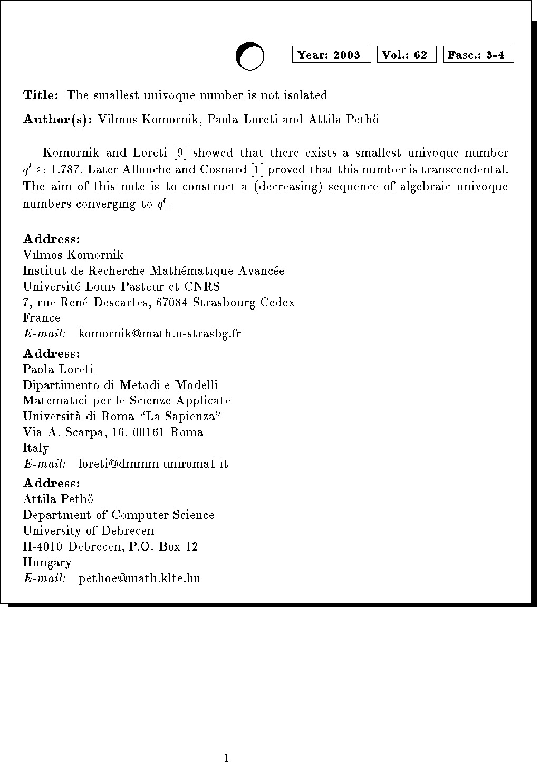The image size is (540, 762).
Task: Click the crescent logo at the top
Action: coord(249,56)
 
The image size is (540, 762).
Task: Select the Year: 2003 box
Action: coord(331,55)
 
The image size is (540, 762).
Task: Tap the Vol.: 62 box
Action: coord(407,55)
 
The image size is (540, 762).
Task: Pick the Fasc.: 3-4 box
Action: coord(478,55)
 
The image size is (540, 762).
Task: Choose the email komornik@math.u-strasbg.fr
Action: coord(159,334)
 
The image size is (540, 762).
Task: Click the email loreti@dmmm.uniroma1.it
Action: coord(153,464)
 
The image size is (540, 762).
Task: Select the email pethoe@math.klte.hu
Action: coord(139,578)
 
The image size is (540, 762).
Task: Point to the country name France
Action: coord(42,318)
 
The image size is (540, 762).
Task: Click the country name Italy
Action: coord(36,448)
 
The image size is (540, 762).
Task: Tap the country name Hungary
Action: coord(47,563)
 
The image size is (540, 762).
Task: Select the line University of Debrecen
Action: coord(89,531)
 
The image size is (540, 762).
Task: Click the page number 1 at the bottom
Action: coord(226,758)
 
